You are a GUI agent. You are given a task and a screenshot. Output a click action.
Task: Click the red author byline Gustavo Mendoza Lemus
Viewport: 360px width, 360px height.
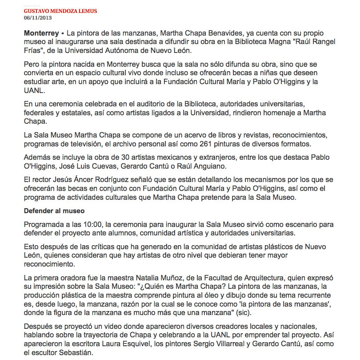click(60, 11)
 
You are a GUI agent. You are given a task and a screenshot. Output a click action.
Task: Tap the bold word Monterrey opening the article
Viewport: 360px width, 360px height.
click(41, 33)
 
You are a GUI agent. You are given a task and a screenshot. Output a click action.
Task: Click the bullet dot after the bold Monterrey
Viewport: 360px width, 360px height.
click(63, 33)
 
